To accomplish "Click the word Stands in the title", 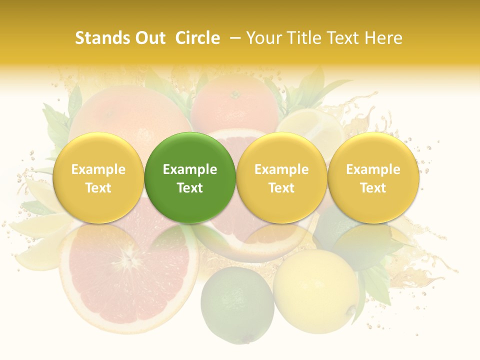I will [100, 38].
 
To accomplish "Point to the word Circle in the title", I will [197, 38].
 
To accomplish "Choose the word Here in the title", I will [382, 38].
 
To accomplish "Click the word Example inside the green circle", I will [190, 169].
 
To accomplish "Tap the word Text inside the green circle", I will [190, 188].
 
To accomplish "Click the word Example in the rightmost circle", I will [373, 169].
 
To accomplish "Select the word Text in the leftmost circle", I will [98, 188].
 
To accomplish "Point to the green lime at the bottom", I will [237, 305].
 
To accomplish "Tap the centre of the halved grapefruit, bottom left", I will [129, 260].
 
